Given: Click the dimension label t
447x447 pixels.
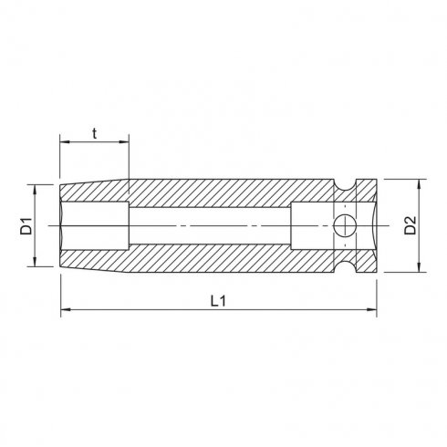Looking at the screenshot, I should pyautogui.click(x=95, y=131).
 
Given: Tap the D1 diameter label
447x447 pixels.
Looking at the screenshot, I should pyautogui.click(x=26, y=225).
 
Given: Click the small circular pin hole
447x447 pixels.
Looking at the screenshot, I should pyautogui.click(x=344, y=225).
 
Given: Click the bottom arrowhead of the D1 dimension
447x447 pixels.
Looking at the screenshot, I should pyautogui.click(x=36, y=264).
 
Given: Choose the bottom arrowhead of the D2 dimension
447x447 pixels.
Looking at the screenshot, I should pyautogui.click(x=420, y=269).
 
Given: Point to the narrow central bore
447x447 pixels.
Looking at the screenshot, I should pyautogui.click(x=210, y=225).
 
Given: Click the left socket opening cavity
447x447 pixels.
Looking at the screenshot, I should pyautogui.click(x=91, y=225).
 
